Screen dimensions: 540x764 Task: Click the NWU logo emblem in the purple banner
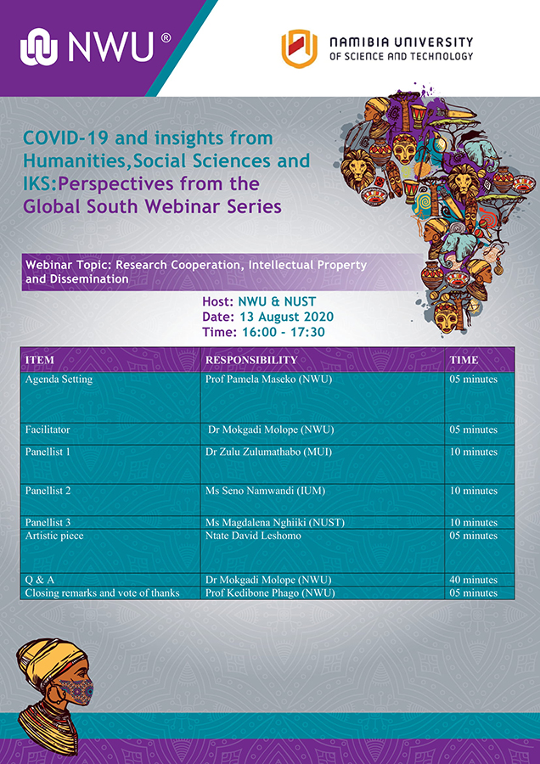(x=39, y=47)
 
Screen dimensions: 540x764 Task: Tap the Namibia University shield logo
(x=299, y=48)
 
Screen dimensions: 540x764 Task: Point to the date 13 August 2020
(x=287, y=317)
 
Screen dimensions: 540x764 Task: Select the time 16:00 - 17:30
(x=282, y=332)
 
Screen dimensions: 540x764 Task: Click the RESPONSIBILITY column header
(x=251, y=360)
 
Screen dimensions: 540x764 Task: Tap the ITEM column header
(x=39, y=360)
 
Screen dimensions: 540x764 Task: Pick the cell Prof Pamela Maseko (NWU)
(x=268, y=379)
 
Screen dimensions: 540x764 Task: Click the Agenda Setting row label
(x=59, y=379)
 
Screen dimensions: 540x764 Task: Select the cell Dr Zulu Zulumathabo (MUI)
(x=268, y=452)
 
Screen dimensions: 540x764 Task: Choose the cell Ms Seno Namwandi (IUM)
(x=265, y=491)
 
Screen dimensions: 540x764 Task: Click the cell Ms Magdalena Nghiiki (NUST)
(x=275, y=522)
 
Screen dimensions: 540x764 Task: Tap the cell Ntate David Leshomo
(x=253, y=536)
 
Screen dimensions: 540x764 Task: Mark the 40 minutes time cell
(x=473, y=580)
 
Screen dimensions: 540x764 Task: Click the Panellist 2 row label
(x=48, y=491)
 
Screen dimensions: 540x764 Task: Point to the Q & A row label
(x=39, y=580)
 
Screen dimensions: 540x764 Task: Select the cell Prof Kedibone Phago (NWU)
(x=270, y=593)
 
